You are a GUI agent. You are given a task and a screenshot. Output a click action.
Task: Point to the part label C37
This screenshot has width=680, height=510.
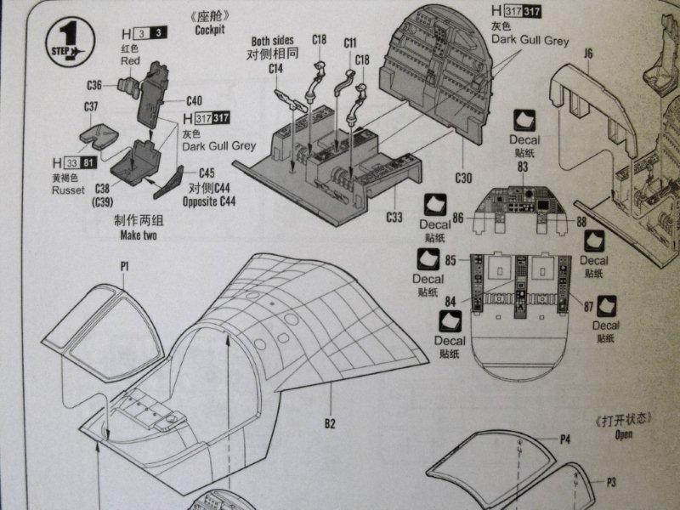[92, 107]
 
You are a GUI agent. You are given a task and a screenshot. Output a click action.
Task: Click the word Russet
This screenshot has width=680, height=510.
[65, 190]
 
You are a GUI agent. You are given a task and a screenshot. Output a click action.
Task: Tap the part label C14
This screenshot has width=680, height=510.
[276, 68]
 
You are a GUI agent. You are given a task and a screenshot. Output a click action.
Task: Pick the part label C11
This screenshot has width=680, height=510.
[350, 42]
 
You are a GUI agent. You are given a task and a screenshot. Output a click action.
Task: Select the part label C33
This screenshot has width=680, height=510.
[394, 218]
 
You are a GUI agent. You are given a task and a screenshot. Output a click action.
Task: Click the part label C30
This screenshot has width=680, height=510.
[462, 178]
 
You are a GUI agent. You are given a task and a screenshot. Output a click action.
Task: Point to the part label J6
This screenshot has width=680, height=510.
[588, 54]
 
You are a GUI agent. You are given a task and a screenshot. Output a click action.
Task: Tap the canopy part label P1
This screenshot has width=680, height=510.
[124, 266]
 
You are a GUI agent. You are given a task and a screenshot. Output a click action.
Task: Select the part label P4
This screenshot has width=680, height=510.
[564, 438]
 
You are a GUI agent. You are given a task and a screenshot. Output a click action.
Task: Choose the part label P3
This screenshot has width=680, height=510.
[610, 482]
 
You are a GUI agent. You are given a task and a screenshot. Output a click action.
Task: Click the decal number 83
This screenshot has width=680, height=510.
[523, 167]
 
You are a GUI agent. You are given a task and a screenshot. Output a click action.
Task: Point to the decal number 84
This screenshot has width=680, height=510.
[451, 300]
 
